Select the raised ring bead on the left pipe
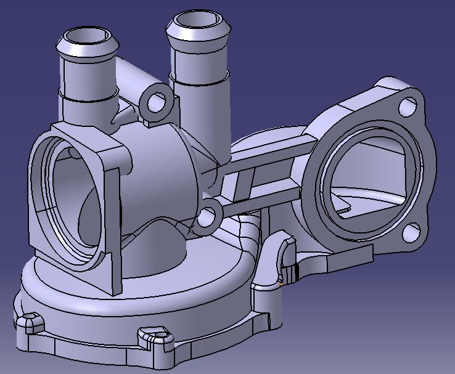[x=87, y=96]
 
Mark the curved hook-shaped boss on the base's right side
[x=285, y=246]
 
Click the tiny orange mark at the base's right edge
[x=281, y=285]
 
